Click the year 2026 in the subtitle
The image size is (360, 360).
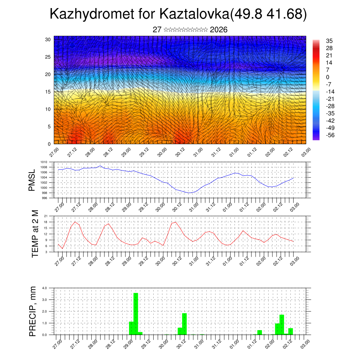point(219,30)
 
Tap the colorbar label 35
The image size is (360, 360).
point(329,41)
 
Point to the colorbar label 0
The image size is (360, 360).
point(328,77)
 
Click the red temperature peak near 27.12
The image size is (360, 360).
point(75,222)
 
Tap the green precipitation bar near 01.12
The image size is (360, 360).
point(259,332)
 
